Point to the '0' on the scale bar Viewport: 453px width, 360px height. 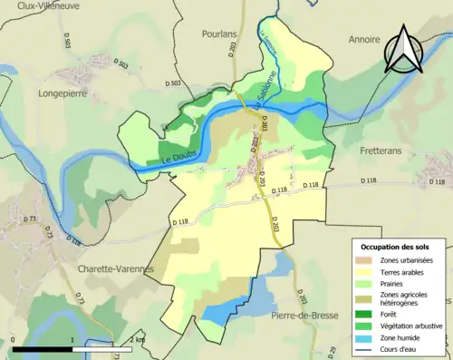[x=14, y=339]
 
